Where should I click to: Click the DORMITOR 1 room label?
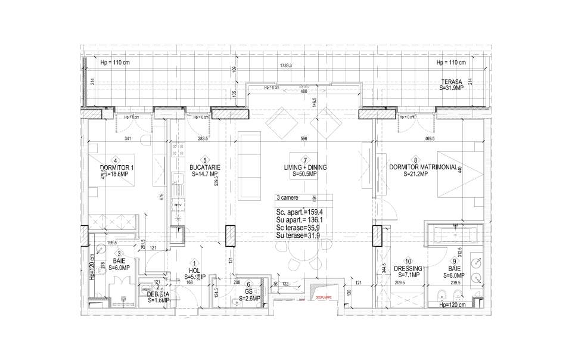coord(117,167)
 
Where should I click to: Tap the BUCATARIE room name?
coord(198,168)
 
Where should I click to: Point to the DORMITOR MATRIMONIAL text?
coord(422,167)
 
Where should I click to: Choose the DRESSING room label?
coord(408,268)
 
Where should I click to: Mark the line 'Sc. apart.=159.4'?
coord(300,212)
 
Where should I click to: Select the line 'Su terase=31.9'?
coord(298,236)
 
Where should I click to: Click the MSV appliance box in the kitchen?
coord(178,206)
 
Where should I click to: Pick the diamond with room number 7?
coord(305,160)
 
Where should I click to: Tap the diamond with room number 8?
coord(406,160)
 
